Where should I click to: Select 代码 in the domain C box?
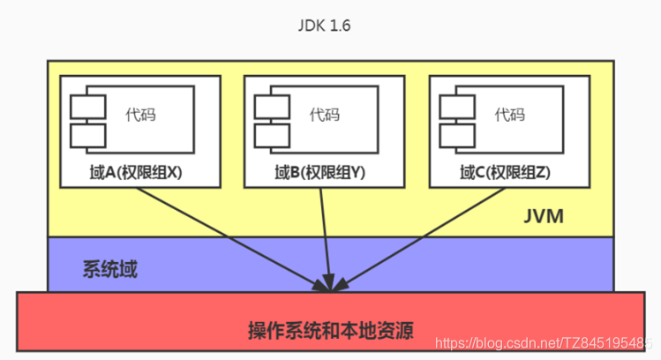tap(509, 115)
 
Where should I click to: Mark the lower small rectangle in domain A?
tap(87, 136)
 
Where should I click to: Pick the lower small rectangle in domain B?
tap(272, 136)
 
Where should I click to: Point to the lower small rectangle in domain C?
tap(456, 136)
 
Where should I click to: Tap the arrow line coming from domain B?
tap(327, 236)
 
